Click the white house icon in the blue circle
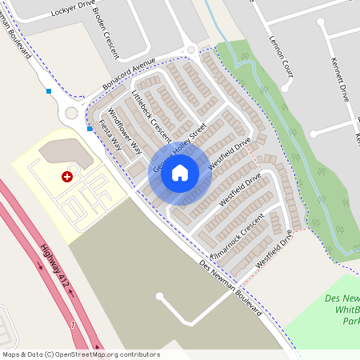[180, 172]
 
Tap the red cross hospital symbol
[66, 176]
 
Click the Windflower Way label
[124, 130]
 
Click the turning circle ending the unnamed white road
[160, 297]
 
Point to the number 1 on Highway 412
[72, 325]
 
